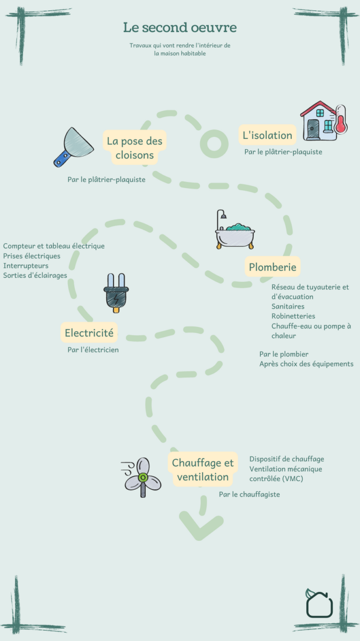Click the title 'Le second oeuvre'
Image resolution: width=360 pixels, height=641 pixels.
coord(179,27)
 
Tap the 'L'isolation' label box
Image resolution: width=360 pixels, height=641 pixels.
coord(267,135)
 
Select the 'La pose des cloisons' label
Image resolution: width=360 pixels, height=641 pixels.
coord(135,148)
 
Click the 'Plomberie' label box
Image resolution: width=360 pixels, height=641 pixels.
coord(272,267)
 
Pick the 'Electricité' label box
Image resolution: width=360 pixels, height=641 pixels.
coord(89,333)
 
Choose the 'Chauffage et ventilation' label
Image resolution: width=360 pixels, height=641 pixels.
coord(203,470)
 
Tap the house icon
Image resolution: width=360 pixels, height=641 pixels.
coord(319,121)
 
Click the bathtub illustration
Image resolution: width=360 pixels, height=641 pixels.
coord(235,231)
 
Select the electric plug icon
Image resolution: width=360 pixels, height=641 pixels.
coord(116,293)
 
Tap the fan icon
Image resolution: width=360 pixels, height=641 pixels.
coord(142,476)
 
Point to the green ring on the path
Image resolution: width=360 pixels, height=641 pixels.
coord(214,143)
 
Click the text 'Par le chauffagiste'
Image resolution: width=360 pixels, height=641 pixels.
coord(249,495)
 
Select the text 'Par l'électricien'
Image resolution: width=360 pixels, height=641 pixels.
coord(93,350)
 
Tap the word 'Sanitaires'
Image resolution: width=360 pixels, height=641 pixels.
coord(288,307)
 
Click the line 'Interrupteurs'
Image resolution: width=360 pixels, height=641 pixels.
coord(26,265)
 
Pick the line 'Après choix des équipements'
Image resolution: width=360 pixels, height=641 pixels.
coord(306,364)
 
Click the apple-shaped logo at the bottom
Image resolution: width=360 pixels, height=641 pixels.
coord(319,603)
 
